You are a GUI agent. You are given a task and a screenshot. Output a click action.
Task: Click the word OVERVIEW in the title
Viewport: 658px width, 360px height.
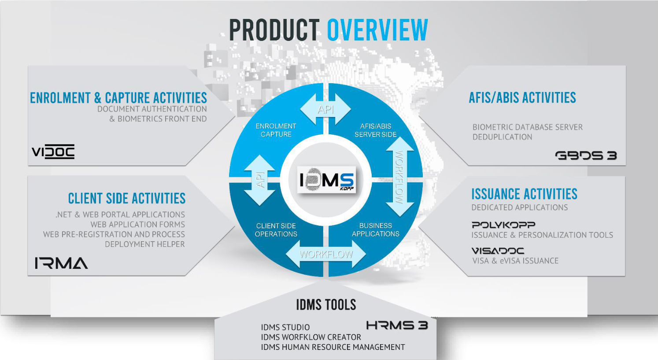point(377,30)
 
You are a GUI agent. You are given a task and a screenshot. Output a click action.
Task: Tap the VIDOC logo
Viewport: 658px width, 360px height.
point(53,152)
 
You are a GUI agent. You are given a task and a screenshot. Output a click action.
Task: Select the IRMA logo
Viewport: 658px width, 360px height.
point(61,263)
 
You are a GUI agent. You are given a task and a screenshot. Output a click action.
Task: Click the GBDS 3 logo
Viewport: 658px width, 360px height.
point(586,155)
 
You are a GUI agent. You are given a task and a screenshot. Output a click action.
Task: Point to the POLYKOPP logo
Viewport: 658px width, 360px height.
point(503,225)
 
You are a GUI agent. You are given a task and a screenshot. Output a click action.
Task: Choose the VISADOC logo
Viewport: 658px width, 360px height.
point(498,251)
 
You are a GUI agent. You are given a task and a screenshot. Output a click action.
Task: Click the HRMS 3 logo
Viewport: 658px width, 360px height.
point(397,326)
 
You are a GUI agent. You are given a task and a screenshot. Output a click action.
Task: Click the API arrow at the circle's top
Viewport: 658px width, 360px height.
point(325,109)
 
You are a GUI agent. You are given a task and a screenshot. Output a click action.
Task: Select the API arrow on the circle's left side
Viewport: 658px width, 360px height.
point(260,180)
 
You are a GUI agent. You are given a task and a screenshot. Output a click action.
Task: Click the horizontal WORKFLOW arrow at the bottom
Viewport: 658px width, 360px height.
point(326,254)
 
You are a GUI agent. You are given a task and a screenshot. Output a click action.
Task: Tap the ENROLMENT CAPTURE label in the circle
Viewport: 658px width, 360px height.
point(276,130)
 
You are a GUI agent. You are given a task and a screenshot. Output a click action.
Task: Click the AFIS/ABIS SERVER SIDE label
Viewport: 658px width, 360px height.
point(376,130)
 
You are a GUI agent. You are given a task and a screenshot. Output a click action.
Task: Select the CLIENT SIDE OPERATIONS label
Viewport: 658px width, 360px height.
point(276,230)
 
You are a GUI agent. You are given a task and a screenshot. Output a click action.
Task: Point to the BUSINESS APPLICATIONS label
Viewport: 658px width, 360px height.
point(376,230)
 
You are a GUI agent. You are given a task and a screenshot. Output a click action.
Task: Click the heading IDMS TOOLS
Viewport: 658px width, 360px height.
point(326,305)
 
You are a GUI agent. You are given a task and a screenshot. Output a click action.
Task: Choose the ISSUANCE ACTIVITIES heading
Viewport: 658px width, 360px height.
point(524,194)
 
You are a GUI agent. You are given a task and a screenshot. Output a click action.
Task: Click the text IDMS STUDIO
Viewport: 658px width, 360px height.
point(285,327)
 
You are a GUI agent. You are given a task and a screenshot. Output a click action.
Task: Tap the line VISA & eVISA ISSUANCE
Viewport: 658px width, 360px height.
point(515,261)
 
